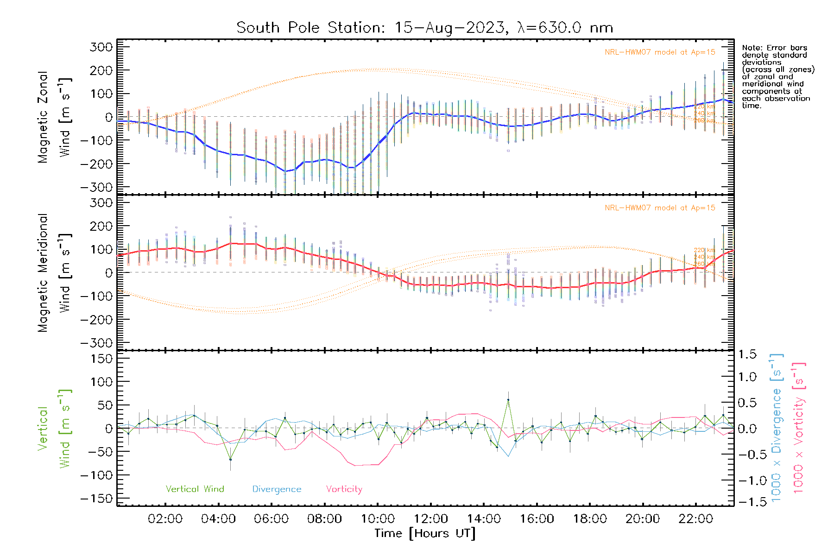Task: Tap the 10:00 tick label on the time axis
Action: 378,519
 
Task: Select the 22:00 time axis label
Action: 695,519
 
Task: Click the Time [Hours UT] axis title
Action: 425,534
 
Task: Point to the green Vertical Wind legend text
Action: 195,489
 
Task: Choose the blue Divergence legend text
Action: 277,489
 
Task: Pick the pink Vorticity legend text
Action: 344,489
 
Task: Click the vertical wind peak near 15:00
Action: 508,399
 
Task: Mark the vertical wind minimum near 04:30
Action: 230,459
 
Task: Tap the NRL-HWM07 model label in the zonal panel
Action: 660,52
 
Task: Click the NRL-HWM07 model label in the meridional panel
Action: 660,208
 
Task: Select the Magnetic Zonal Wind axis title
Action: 55,117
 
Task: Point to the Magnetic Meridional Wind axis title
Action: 55,272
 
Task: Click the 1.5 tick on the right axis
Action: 747,354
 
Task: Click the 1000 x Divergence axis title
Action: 777,428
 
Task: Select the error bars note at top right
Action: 777,76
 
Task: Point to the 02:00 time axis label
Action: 165,519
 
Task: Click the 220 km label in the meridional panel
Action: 704,250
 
